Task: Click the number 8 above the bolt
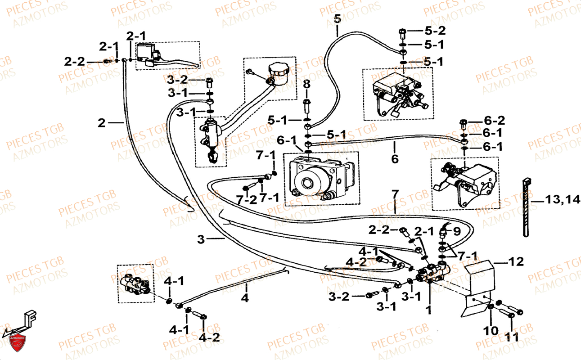(306, 84)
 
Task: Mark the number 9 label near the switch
(457, 232)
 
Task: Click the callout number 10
(491, 331)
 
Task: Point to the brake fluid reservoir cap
(278, 70)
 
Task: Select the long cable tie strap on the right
(525, 207)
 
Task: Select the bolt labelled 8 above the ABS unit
(307, 107)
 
